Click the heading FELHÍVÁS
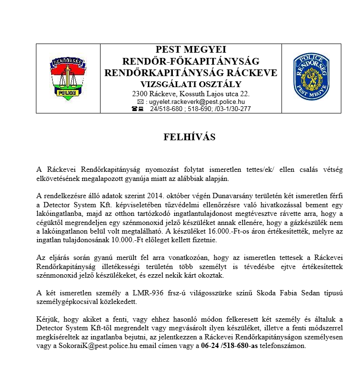pos(190,137)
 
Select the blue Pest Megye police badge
pos(311,77)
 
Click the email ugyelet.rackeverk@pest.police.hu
pos(197,101)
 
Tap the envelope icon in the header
pos(140,101)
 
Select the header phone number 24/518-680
pos(165,109)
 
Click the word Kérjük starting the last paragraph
pos(47,319)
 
